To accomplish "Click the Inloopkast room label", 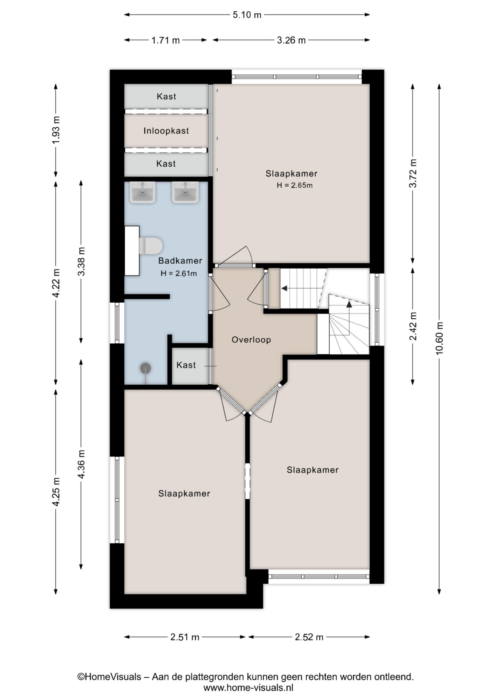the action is point(166,131).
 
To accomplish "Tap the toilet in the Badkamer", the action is point(150,246).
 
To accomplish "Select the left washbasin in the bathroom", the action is point(143,192).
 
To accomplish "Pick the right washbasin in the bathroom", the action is point(186,192).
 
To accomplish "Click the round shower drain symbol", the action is point(146,369).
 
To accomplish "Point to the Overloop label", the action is point(251,340).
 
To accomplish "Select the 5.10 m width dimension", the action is point(247,15).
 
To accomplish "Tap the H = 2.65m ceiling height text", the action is point(295,185).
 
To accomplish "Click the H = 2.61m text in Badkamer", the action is point(179,273).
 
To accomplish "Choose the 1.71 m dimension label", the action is point(165,40).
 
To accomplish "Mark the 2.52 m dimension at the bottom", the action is point(309,637).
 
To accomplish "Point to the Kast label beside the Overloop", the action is point(186,365).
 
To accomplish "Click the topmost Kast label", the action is point(166,96).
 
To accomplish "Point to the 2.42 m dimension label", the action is point(413,326).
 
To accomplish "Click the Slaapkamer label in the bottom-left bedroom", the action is point(184,494).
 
